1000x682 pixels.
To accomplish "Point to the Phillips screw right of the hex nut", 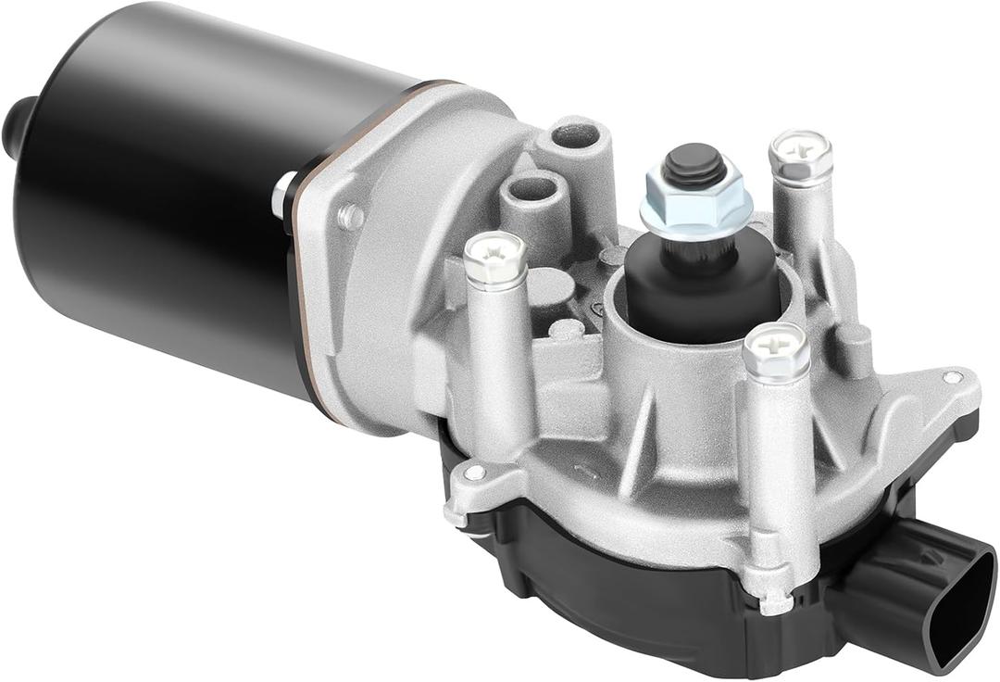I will [x=801, y=154].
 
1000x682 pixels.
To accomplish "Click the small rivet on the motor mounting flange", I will [x=351, y=217].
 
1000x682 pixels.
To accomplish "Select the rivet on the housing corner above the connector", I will [x=951, y=377].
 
